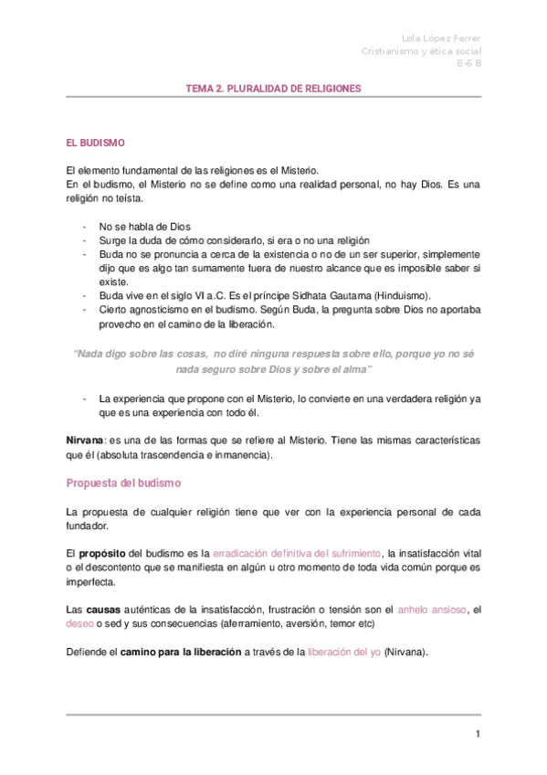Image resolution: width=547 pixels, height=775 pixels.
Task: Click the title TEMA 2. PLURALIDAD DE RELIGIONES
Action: click(274, 89)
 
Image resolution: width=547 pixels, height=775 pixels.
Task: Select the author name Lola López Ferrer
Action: click(441, 37)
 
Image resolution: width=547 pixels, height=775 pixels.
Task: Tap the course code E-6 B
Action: click(468, 64)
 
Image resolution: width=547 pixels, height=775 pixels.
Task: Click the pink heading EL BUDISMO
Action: click(95, 143)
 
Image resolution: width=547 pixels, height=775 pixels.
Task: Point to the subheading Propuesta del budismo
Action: click(124, 482)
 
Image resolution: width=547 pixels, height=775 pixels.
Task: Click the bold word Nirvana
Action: click(85, 440)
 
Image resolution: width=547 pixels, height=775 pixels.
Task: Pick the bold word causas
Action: click(103, 609)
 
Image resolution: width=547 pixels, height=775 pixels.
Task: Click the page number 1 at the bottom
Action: click(477, 734)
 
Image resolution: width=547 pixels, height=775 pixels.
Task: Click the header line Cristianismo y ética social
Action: click(421, 51)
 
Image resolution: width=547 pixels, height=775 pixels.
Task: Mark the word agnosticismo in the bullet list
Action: click(163, 310)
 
